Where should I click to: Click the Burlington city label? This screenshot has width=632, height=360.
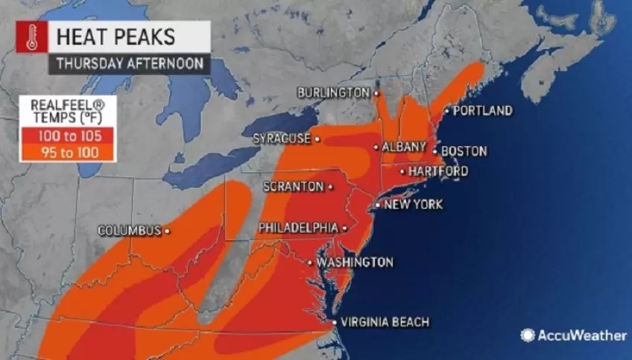(x=332, y=92)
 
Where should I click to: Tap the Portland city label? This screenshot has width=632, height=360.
(x=482, y=111)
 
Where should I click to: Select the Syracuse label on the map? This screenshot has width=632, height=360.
(x=281, y=139)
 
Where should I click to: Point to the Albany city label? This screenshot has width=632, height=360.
(x=404, y=147)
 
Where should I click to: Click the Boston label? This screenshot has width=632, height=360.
(x=464, y=151)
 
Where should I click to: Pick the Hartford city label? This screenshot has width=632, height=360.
(x=439, y=171)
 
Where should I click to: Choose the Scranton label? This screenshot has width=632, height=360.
(x=293, y=186)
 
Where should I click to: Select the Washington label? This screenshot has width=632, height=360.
(x=354, y=262)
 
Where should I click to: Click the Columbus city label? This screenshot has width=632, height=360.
(x=129, y=231)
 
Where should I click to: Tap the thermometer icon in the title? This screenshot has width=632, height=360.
(x=31, y=37)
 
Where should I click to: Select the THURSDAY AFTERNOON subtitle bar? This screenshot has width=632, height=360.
(x=128, y=63)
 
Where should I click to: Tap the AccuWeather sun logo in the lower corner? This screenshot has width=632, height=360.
(x=528, y=335)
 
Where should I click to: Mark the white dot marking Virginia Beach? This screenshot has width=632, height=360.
(x=334, y=322)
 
